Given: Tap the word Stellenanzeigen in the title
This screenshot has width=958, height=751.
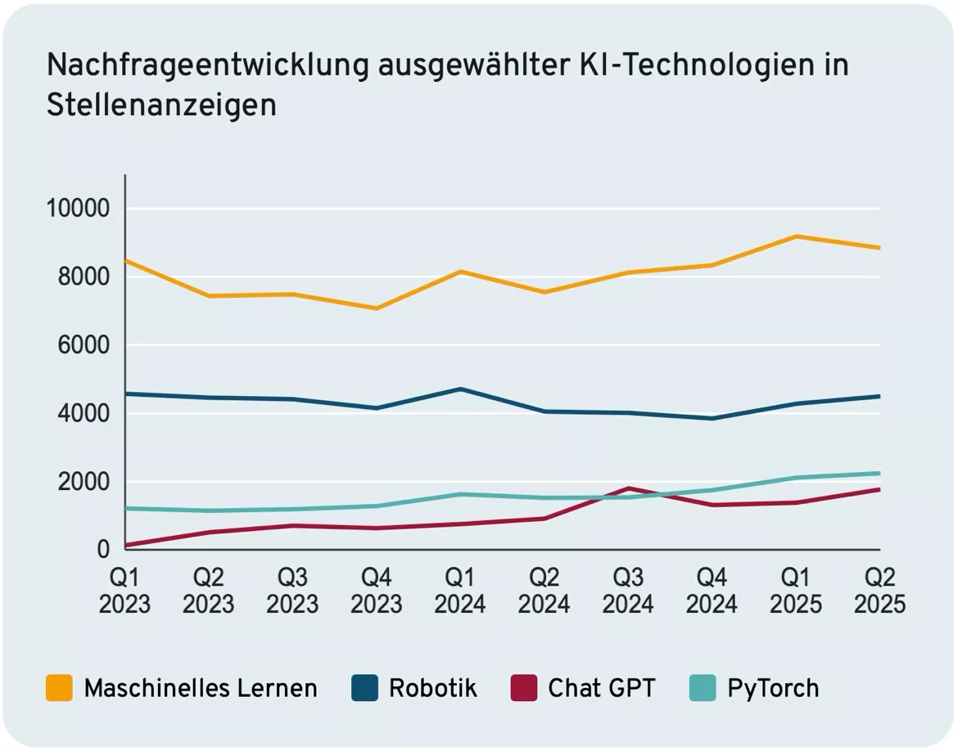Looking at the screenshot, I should pos(161,106).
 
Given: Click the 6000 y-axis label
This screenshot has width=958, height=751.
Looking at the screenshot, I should pos(80,345).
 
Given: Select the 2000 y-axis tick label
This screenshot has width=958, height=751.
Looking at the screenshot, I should pos(80,482).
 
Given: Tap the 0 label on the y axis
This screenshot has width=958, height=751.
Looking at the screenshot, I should pos(103,550).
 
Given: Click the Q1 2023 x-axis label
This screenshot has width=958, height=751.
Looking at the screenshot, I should pos(124,591).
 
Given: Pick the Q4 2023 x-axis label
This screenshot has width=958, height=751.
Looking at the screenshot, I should pos(377,591).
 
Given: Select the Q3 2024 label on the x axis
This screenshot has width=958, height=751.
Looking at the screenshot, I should pos(628,591).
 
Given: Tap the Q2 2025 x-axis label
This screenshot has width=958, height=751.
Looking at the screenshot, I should pos(879,591).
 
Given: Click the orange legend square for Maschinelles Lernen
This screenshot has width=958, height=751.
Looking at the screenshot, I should pos(59,688).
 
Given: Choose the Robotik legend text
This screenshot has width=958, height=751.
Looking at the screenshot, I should pos(432,688).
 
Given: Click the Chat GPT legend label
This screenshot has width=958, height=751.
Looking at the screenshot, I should pos(602,688).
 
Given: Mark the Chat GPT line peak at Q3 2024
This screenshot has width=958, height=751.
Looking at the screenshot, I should pos(628,488).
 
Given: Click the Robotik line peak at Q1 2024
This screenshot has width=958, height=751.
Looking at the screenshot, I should pos(460,389).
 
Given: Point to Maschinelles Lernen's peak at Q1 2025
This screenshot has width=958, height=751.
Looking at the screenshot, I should pos(796,236).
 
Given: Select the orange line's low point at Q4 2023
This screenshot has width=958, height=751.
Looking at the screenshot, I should pos(377,308).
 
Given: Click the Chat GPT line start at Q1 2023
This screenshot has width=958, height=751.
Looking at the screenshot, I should pos(125,545).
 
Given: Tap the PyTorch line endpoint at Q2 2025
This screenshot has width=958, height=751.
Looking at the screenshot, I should pos(879,473).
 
